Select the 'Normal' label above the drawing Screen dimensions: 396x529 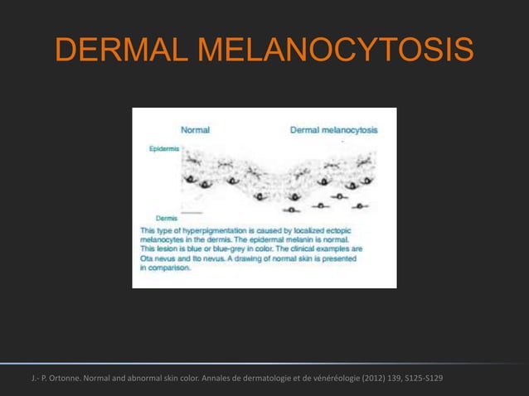pos(195,130)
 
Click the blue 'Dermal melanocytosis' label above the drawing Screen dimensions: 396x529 pos(333,130)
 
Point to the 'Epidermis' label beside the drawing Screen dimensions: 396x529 pos(162,149)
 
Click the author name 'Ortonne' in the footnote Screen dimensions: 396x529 pos(62,379)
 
